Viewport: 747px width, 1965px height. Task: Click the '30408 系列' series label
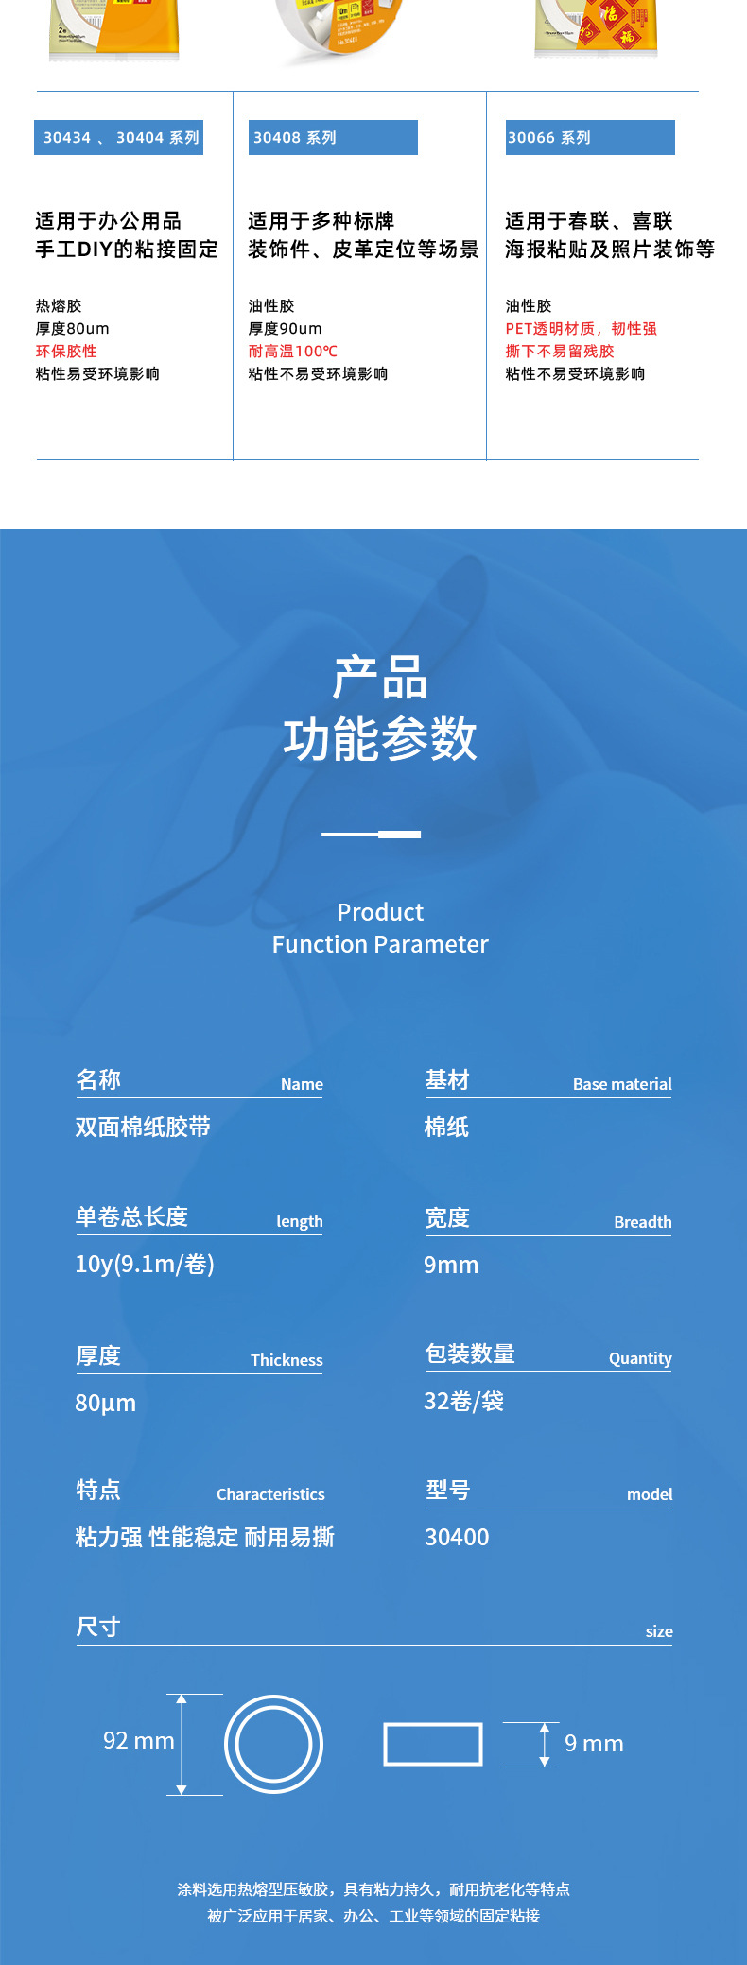(x=332, y=138)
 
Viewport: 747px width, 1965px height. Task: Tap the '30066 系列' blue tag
(x=589, y=138)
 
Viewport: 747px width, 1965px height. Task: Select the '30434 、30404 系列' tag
(x=119, y=138)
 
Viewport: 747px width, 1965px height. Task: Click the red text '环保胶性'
(x=66, y=352)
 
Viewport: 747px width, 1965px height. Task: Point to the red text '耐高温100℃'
(x=293, y=352)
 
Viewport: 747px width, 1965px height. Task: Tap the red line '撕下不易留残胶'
(x=560, y=352)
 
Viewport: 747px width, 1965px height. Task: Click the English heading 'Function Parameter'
(x=380, y=944)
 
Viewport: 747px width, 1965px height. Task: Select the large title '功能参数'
(x=380, y=739)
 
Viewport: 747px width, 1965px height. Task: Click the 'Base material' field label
(x=622, y=1084)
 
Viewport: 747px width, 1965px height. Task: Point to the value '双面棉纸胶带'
(x=143, y=1127)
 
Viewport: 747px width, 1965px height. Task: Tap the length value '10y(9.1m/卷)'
(x=145, y=1265)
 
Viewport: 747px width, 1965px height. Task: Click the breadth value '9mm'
(x=451, y=1265)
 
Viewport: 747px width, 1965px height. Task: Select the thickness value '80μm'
(x=106, y=1403)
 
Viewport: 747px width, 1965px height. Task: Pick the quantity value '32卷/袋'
(x=463, y=1401)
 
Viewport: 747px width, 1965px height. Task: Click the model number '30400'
(x=457, y=1537)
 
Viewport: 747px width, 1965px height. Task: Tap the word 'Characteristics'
(x=270, y=1494)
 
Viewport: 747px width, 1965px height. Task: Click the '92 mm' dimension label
(x=139, y=1741)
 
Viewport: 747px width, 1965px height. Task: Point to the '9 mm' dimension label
(x=594, y=1744)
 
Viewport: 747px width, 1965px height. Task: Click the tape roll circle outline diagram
(x=273, y=1744)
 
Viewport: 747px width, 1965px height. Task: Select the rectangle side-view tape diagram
(x=433, y=1744)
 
